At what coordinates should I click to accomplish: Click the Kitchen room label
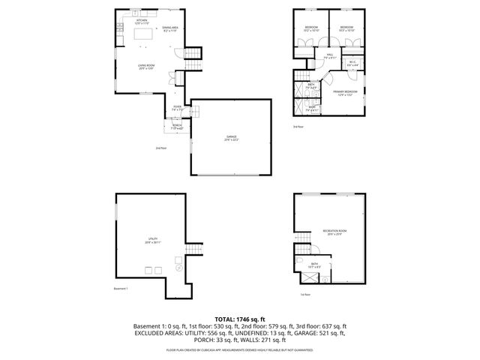(x=142, y=22)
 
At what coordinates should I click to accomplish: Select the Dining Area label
(x=169, y=28)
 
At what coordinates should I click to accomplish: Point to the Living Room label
(x=146, y=67)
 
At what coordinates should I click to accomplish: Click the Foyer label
(x=177, y=108)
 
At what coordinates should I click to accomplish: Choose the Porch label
(x=177, y=126)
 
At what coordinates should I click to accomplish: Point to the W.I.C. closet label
(x=352, y=63)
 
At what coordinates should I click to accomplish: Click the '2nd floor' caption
(x=160, y=148)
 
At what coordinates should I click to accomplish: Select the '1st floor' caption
(x=305, y=295)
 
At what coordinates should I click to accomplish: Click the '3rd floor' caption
(x=298, y=127)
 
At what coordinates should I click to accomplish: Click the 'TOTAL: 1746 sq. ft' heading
(x=240, y=319)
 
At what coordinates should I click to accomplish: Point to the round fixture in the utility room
(x=178, y=268)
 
